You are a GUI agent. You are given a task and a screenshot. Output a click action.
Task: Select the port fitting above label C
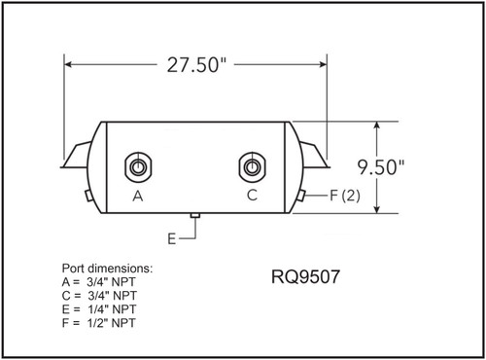(x=251, y=167)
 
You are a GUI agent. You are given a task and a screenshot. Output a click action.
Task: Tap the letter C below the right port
(x=252, y=195)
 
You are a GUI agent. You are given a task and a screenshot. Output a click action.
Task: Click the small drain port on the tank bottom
(x=194, y=214)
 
